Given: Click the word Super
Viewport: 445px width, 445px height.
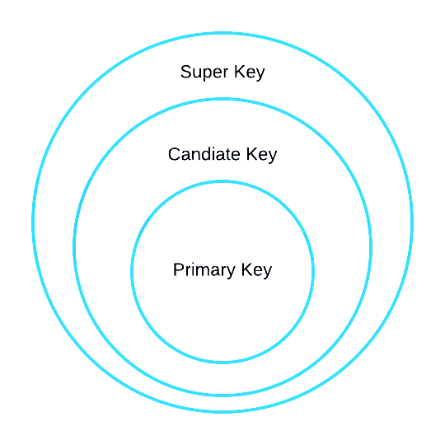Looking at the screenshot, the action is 204,73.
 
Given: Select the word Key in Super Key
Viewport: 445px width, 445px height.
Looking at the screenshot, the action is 250,73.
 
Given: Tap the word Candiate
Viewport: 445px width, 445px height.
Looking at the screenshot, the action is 204,154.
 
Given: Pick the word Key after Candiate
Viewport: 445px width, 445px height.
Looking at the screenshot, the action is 261,155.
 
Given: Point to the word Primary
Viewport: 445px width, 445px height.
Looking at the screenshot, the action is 204,270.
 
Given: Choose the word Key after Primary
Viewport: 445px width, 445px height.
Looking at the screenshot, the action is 256,270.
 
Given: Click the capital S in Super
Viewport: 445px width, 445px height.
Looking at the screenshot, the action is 186,72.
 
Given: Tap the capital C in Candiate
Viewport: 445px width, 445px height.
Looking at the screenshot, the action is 175,154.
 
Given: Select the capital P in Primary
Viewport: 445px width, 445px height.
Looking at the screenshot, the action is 179,269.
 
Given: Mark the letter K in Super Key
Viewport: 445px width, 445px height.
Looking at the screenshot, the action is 240,72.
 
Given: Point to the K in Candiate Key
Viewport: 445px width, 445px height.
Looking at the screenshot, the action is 251,154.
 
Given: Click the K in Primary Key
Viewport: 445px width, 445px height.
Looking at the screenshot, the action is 247,269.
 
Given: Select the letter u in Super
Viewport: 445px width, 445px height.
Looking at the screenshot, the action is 199,73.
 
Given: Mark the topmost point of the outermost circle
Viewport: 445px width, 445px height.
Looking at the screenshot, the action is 222,33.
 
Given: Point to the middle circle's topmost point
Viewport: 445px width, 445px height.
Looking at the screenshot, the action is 222,99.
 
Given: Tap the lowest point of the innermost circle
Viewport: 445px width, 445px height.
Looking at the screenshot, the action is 222,363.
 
